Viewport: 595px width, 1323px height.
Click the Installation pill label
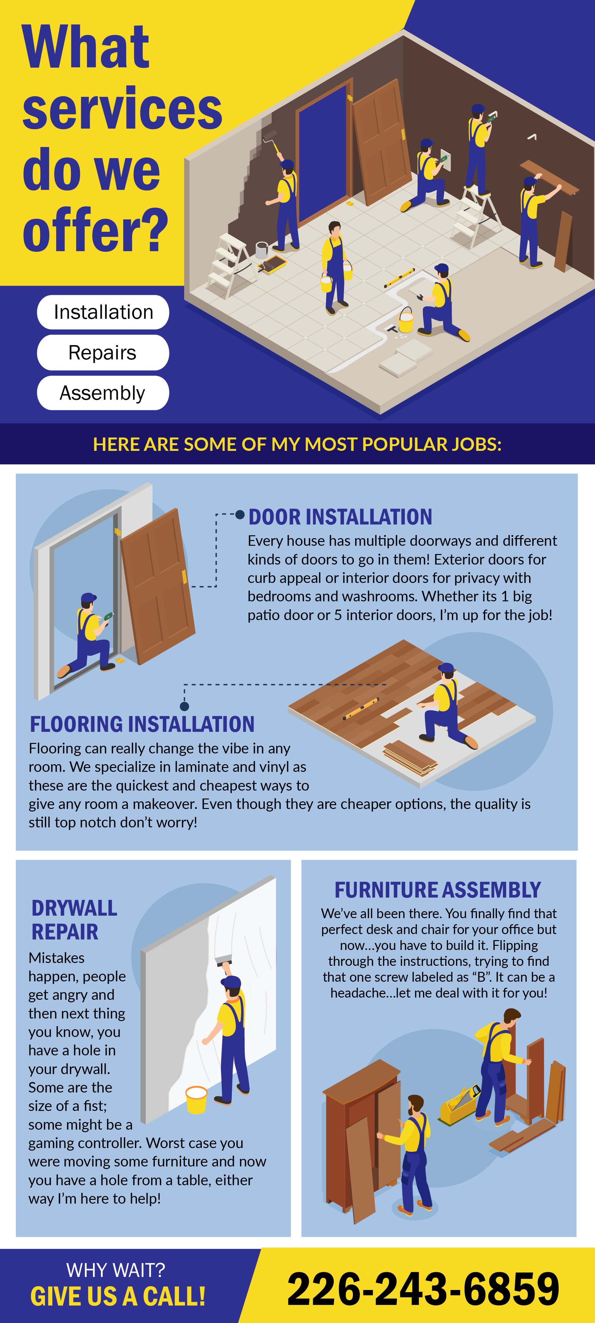(x=103, y=312)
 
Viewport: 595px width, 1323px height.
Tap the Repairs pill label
(x=103, y=353)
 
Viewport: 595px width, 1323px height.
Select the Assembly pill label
(x=103, y=393)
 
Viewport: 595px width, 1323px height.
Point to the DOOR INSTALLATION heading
(x=340, y=517)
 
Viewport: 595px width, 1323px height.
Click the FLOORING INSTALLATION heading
(x=142, y=724)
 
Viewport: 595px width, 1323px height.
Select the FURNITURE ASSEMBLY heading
(x=437, y=890)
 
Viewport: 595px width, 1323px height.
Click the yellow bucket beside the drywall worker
(x=196, y=1099)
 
